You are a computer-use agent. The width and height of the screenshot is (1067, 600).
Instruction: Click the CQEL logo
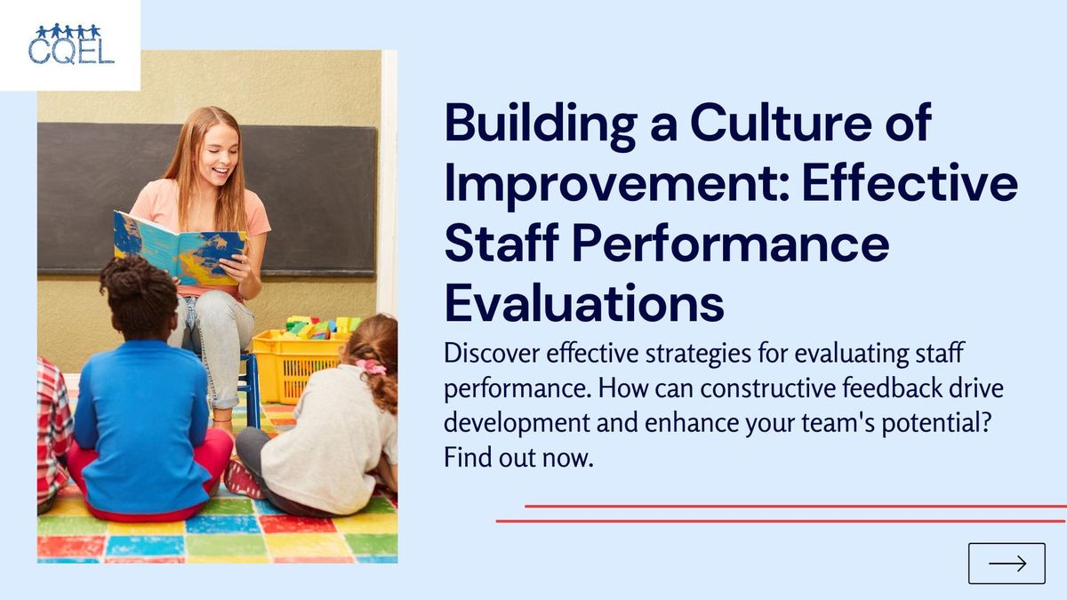click(x=70, y=44)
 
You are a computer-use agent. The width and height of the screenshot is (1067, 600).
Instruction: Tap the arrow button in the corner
click(x=1007, y=563)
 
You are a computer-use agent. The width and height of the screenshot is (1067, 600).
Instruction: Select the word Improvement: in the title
click(x=614, y=184)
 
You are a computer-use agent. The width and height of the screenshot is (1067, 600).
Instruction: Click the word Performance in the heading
click(x=734, y=244)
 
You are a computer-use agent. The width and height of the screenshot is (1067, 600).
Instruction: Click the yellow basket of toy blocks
click(x=299, y=359)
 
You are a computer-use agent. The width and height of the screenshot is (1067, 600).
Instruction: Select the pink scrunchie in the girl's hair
click(x=369, y=366)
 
